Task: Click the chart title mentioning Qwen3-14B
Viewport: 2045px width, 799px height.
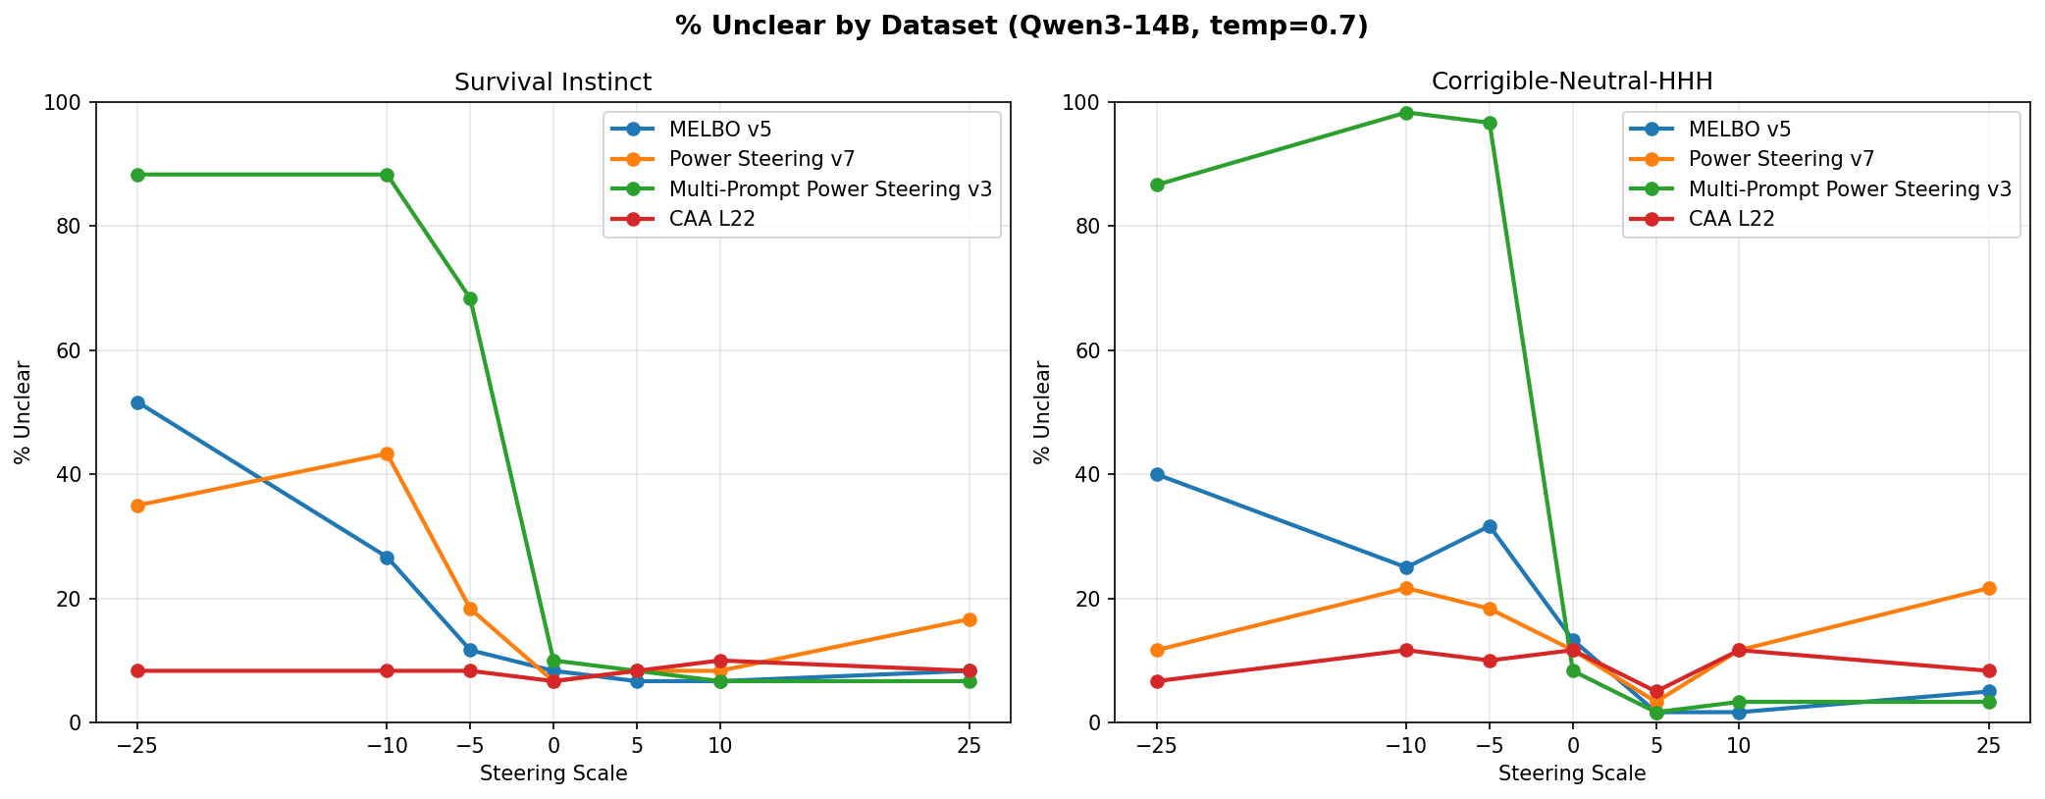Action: click(1022, 27)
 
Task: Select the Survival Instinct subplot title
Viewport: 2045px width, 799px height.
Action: click(552, 82)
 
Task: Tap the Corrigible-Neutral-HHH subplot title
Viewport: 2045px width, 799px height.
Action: click(1572, 82)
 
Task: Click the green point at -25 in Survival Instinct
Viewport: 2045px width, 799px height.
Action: click(137, 175)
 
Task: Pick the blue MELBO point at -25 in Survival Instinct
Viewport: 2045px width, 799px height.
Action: click(137, 402)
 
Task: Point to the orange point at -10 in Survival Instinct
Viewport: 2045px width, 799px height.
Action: click(387, 454)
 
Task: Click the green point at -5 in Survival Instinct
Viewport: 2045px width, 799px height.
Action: click(470, 298)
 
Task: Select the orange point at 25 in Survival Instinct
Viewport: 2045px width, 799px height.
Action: click(970, 619)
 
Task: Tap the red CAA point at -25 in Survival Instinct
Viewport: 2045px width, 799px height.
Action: click(137, 670)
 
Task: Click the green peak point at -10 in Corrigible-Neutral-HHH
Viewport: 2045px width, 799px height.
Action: click(1406, 113)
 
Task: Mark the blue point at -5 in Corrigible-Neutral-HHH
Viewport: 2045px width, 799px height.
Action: click(1490, 526)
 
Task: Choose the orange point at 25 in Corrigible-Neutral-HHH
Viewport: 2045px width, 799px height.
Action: click(1989, 588)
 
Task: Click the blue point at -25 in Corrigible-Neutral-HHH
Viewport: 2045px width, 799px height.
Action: click(1157, 474)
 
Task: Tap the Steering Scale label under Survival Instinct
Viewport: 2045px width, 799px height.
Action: click(553, 773)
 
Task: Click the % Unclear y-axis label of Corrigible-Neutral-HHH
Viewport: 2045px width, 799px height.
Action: click(1042, 412)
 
